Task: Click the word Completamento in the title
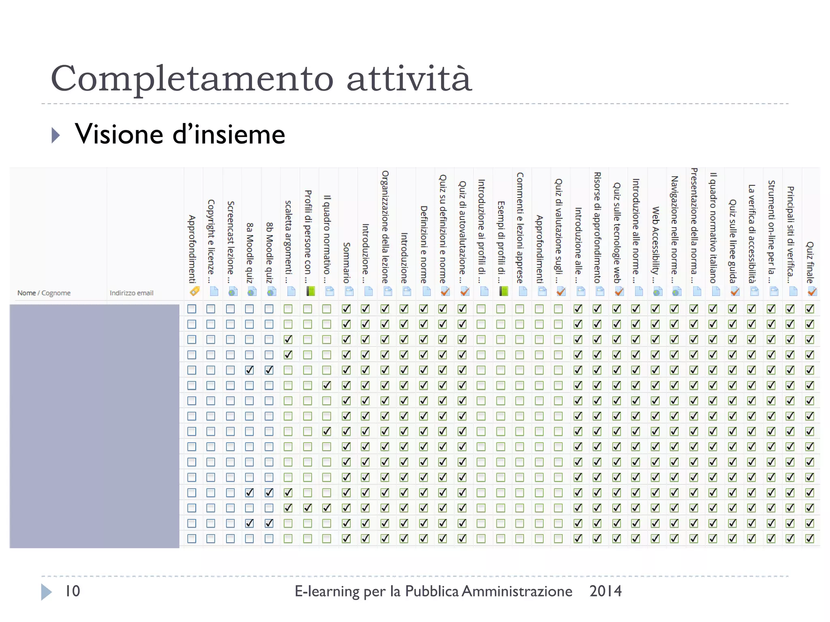click(x=192, y=79)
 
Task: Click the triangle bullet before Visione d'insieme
click(x=56, y=135)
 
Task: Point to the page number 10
click(x=73, y=591)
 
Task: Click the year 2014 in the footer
click(x=605, y=591)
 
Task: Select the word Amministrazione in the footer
click(x=517, y=591)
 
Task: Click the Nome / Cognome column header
click(x=44, y=293)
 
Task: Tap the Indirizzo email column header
click(x=131, y=293)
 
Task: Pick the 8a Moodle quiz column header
click(x=250, y=253)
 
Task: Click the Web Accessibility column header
click(x=655, y=245)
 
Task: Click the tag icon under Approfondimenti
click(x=194, y=291)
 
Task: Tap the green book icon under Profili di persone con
click(x=310, y=291)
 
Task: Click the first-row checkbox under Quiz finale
click(x=810, y=309)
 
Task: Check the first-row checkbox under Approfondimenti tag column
click(x=192, y=309)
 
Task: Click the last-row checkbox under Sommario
click(x=346, y=539)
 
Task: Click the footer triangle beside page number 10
click(x=46, y=592)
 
